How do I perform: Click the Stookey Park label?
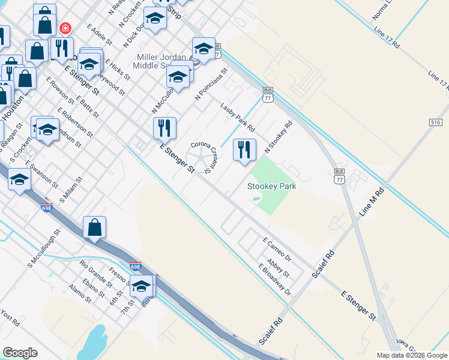pos(272,186)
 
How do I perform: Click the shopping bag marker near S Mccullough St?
pos(94,227)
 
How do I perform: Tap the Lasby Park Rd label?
pos(238,117)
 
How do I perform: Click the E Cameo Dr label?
pos(277,249)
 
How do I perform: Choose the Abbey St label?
pos(279,268)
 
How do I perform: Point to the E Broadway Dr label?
pos(274,280)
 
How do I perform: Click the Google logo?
pos(20,352)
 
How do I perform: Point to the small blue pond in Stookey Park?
pos(257,199)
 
